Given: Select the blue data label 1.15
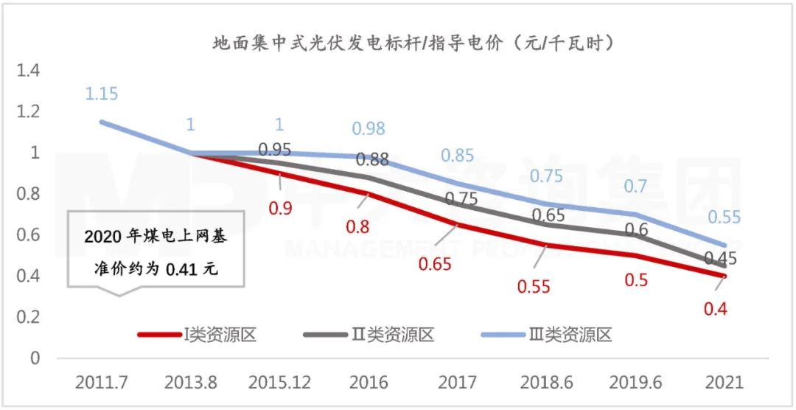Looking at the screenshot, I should (x=101, y=94).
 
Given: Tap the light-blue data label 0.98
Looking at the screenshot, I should (x=368, y=128).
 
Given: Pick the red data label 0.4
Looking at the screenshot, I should (x=715, y=309).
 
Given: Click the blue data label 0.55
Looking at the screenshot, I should (x=725, y=218).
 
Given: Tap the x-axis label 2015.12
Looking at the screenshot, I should (x=280, y=383).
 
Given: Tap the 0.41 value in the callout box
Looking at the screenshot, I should (x=181, y=270).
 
